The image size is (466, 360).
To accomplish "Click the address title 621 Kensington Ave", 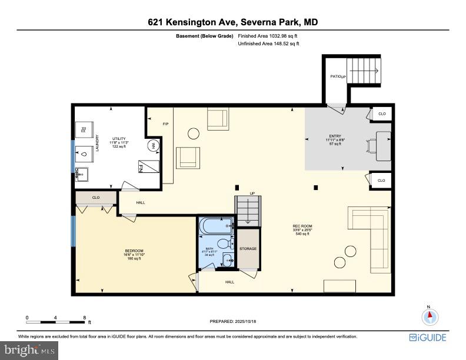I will (233, 22).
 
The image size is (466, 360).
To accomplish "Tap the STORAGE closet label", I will (248, 249).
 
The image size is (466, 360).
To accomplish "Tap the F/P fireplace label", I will (165, 124).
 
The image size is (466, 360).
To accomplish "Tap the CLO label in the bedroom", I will (95, 198).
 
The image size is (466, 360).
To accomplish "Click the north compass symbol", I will (430, 316).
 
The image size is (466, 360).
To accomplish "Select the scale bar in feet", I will (55, 322).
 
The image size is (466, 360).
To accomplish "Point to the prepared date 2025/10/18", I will (233, 321).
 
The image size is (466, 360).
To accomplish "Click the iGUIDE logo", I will (427, 338).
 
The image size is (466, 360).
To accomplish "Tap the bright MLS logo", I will (29, 350).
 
